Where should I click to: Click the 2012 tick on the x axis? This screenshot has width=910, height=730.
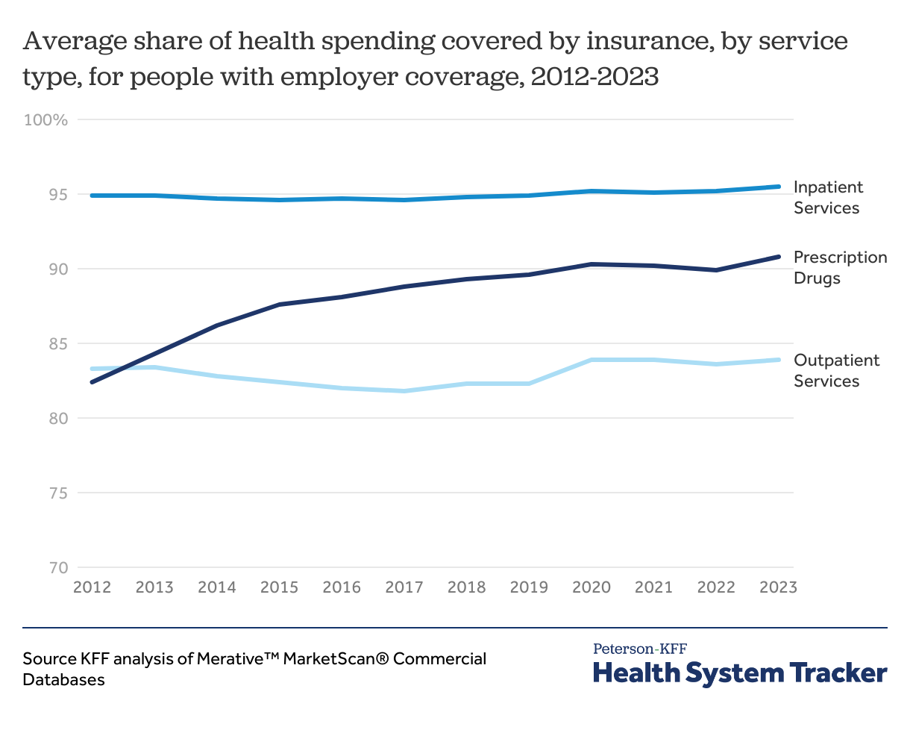click(x=92, y=587)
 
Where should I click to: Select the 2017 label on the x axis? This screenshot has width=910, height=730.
click(x=404, y=587)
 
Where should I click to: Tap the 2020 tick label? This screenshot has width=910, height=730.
click(x=591, y=587)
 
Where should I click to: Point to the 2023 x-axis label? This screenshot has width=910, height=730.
click(x=778, y=587)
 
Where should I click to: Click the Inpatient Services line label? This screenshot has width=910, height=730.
click(x=827, y=197)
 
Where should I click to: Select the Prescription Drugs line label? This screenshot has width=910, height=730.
click(x=840, y=267)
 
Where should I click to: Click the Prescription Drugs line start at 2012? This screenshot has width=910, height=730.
click(x=92, y=382)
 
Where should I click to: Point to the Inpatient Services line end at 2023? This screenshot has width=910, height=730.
click(x=779, y=187)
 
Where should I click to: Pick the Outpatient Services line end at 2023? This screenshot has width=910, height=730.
click(x=779, y=360)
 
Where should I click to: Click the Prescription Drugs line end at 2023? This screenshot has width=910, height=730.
click(x=779, y=257)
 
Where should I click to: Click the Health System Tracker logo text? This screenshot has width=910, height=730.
click(x=740, y=673)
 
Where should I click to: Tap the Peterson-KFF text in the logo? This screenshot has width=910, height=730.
click(x=639, y=648)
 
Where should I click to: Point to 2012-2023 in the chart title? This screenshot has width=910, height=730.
click(x=594, y=77)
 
